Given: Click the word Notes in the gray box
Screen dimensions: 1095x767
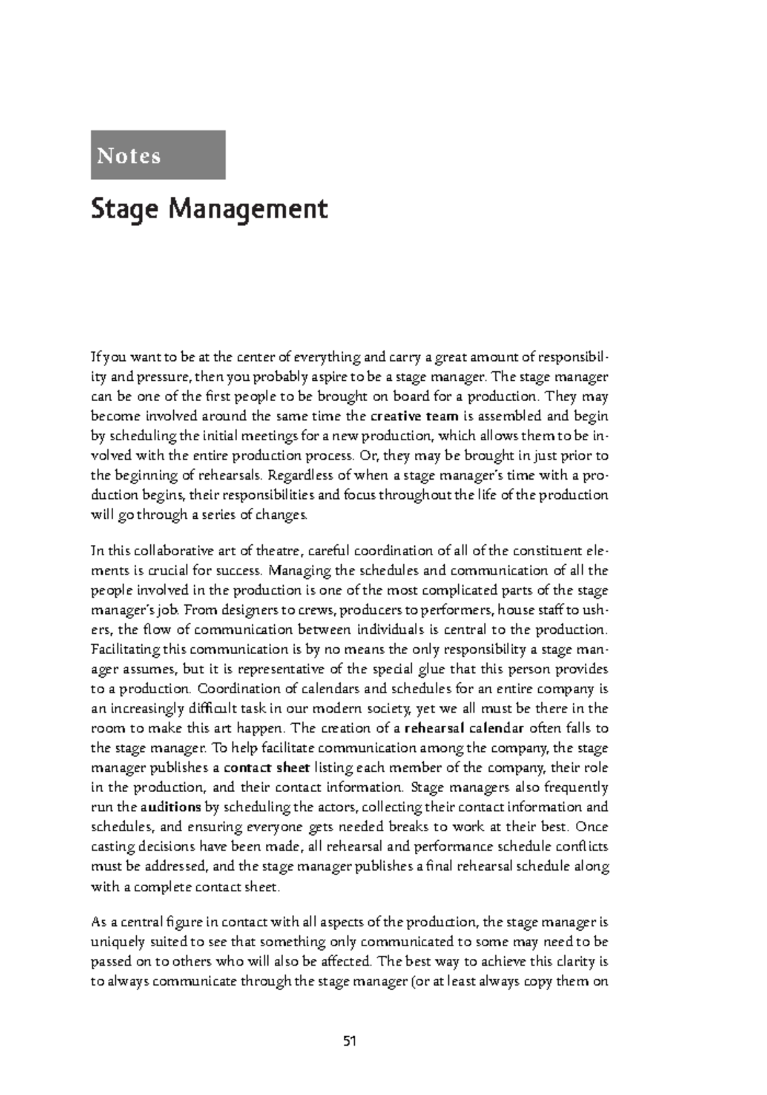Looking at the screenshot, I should coord(129,156).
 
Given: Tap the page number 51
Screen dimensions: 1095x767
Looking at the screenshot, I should coord(349,1041).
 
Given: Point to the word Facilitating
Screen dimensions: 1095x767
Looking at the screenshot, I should coord(126,650).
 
